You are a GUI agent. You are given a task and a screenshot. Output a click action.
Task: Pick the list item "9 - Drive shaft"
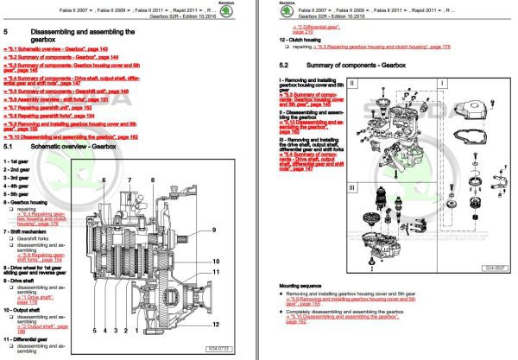24,281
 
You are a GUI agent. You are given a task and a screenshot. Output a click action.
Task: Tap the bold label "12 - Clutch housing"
303,39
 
